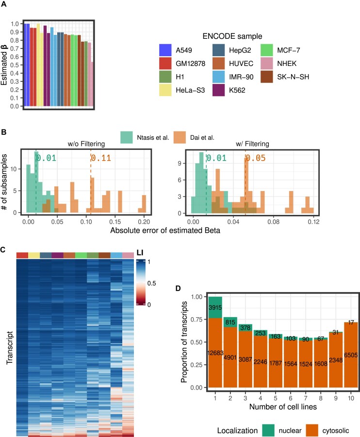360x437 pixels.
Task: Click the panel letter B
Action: [x=3, y=131]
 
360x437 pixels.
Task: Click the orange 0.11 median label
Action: [x=99, y=157]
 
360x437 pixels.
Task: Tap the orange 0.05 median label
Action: [x=253, y=157]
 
